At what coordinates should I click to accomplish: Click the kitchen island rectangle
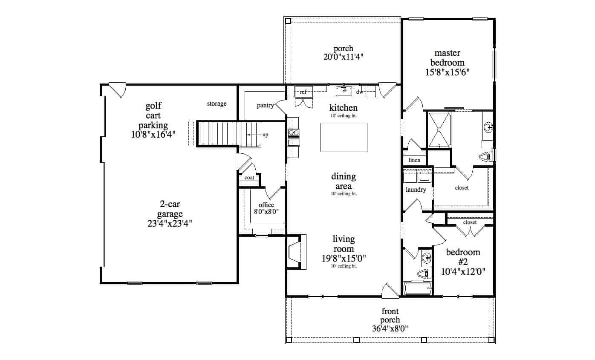point(344,137)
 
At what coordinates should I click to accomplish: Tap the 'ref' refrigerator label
point(303,92)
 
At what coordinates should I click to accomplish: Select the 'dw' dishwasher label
point(359,92)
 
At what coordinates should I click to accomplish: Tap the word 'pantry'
point(265,106)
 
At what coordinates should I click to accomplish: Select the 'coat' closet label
point(249,178)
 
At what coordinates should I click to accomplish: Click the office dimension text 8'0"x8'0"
point(266,211)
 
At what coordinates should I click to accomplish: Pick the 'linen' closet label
point(414,160)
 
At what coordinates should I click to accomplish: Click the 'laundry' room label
point(416,190)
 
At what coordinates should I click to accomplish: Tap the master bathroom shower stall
point(439,130)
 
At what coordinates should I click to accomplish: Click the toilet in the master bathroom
point(487,156)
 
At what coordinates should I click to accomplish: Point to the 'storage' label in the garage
point(217,104)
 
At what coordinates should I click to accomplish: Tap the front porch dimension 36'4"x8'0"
point(390,328)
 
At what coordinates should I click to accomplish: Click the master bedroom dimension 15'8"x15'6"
point(447,72)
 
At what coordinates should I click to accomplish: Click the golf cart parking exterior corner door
point(116,89)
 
